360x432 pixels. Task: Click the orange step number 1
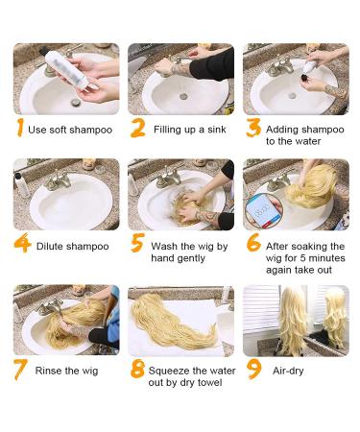point(20,128)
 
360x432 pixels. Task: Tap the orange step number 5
point(137,243)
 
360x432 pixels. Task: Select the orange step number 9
point(253,370)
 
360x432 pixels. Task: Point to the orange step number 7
point(21,370)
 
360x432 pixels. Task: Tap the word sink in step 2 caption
point(217,130)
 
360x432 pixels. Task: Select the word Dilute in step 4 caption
point(50,246)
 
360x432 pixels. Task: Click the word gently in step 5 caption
point(190,258)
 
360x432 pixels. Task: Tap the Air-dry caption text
point(288,371)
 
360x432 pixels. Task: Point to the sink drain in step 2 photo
point(183,96)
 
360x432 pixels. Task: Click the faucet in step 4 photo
point(60,180)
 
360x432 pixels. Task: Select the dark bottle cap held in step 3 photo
point(304,79)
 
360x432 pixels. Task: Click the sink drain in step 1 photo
point(76,103)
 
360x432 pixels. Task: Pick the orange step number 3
point(253,128)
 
